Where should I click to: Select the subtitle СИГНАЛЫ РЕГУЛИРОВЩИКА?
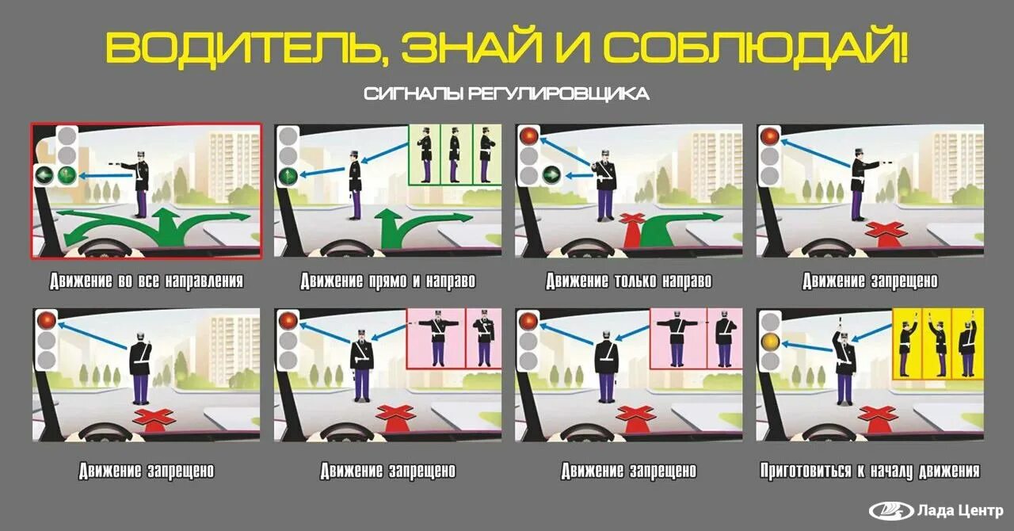pos(507,94)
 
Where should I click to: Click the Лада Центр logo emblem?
pos(891,510)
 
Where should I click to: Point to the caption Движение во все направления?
pos(146,281)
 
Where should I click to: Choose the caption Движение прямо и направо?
pos(387,281)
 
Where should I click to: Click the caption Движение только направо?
pos(629,281)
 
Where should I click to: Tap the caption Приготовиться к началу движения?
pos(870,471)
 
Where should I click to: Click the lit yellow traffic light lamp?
pos(769,341)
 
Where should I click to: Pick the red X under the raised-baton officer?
pos(878,414)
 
